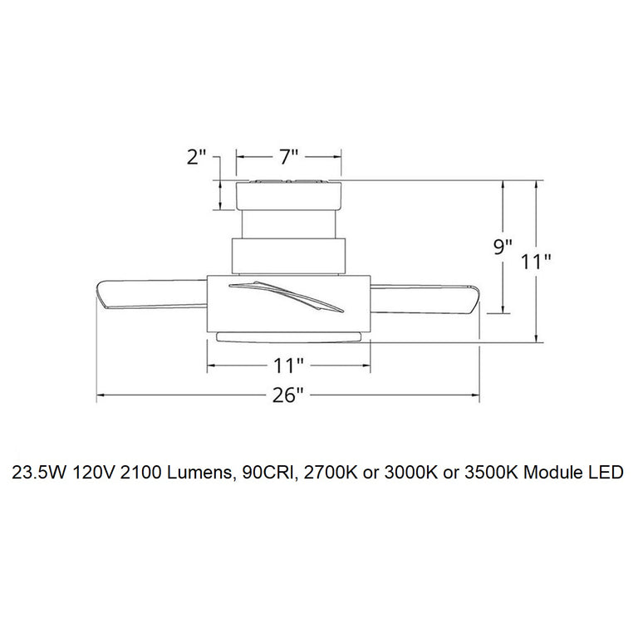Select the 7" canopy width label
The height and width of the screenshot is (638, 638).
pos(288,157)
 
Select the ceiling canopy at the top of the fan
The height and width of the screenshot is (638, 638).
pos(288,194)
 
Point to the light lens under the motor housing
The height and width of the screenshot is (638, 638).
pos(287,334)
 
